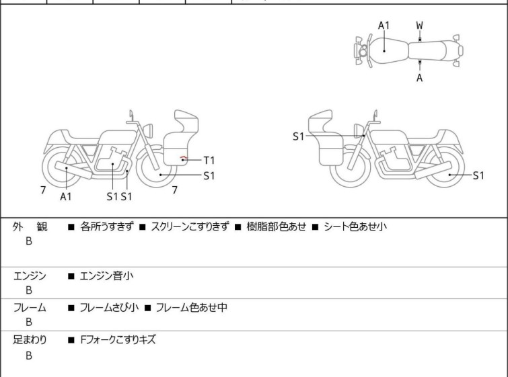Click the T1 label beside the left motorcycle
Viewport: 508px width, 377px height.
point(209,160)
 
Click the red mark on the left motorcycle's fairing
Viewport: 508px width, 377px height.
point(182,159)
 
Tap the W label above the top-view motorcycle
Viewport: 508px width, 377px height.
point(420,26)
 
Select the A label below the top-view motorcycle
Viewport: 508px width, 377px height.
point(420,78)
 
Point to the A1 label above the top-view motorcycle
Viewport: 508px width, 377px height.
point(384,26)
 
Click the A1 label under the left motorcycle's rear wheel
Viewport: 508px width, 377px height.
point(66,197)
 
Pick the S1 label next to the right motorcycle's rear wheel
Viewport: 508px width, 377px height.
point(478,176)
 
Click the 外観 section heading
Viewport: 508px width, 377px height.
point(30,227)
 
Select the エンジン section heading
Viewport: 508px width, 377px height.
point(30,276)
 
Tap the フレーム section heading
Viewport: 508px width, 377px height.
point(30,308)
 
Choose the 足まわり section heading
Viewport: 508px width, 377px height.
point(30,340)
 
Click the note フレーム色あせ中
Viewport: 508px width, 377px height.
point(192,308)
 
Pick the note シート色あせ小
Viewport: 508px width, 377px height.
point(355,227)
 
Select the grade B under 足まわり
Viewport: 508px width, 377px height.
point(29,356)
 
